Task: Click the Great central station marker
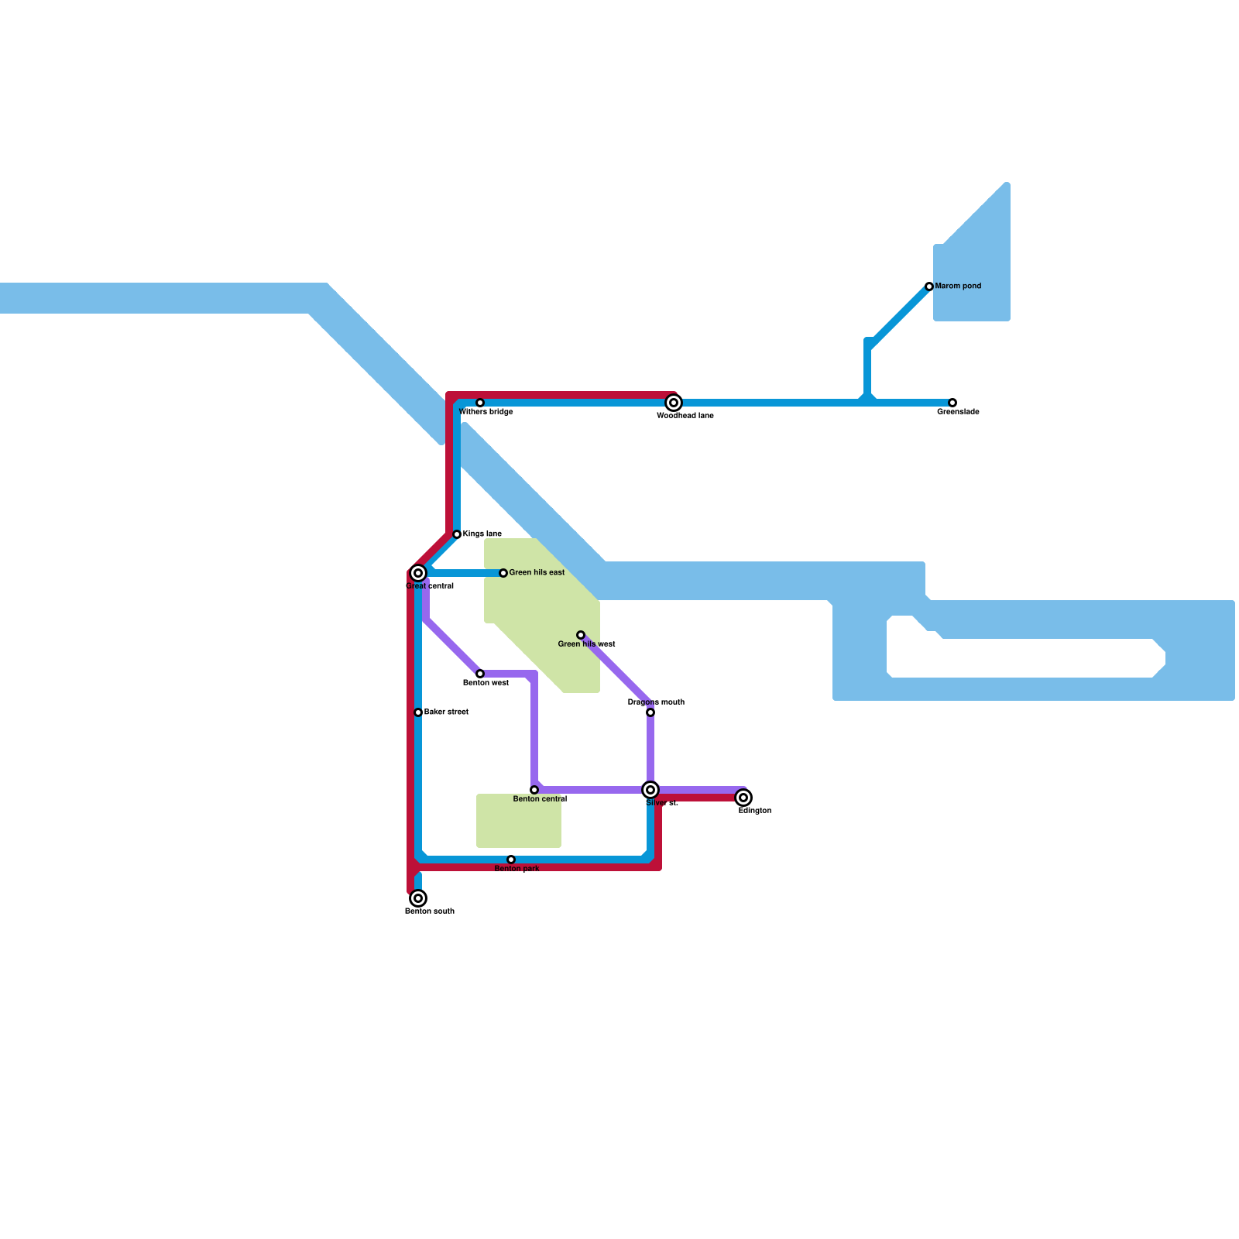click(x=418, y=573)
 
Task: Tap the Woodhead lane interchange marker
click(x=674, y=403)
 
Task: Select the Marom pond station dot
click(x=929, y=287)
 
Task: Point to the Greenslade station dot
click(x=952, y=403)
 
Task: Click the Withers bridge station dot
click(x=480, y=403)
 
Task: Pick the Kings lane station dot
click(x=457, y=534)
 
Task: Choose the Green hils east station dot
click(x=503, y=573)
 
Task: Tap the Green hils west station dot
click(x=581, y=635)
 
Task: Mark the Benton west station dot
click(x=480, y=674)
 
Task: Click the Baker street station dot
click(x=418, y=712)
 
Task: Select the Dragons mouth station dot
click(x=650, y=712)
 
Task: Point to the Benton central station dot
click(x=534, y=790)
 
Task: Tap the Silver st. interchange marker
click(x=650, y=790)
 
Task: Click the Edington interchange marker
click(x=743, y=798)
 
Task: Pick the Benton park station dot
click(x=511, y=860)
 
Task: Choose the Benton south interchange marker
click(x=418, y=898)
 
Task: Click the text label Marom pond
click(x=958, y=287)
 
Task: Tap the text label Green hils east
click(x=537, y=573)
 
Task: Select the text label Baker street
click(x=446, y=712)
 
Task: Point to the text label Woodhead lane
click(x=685, y=416)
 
